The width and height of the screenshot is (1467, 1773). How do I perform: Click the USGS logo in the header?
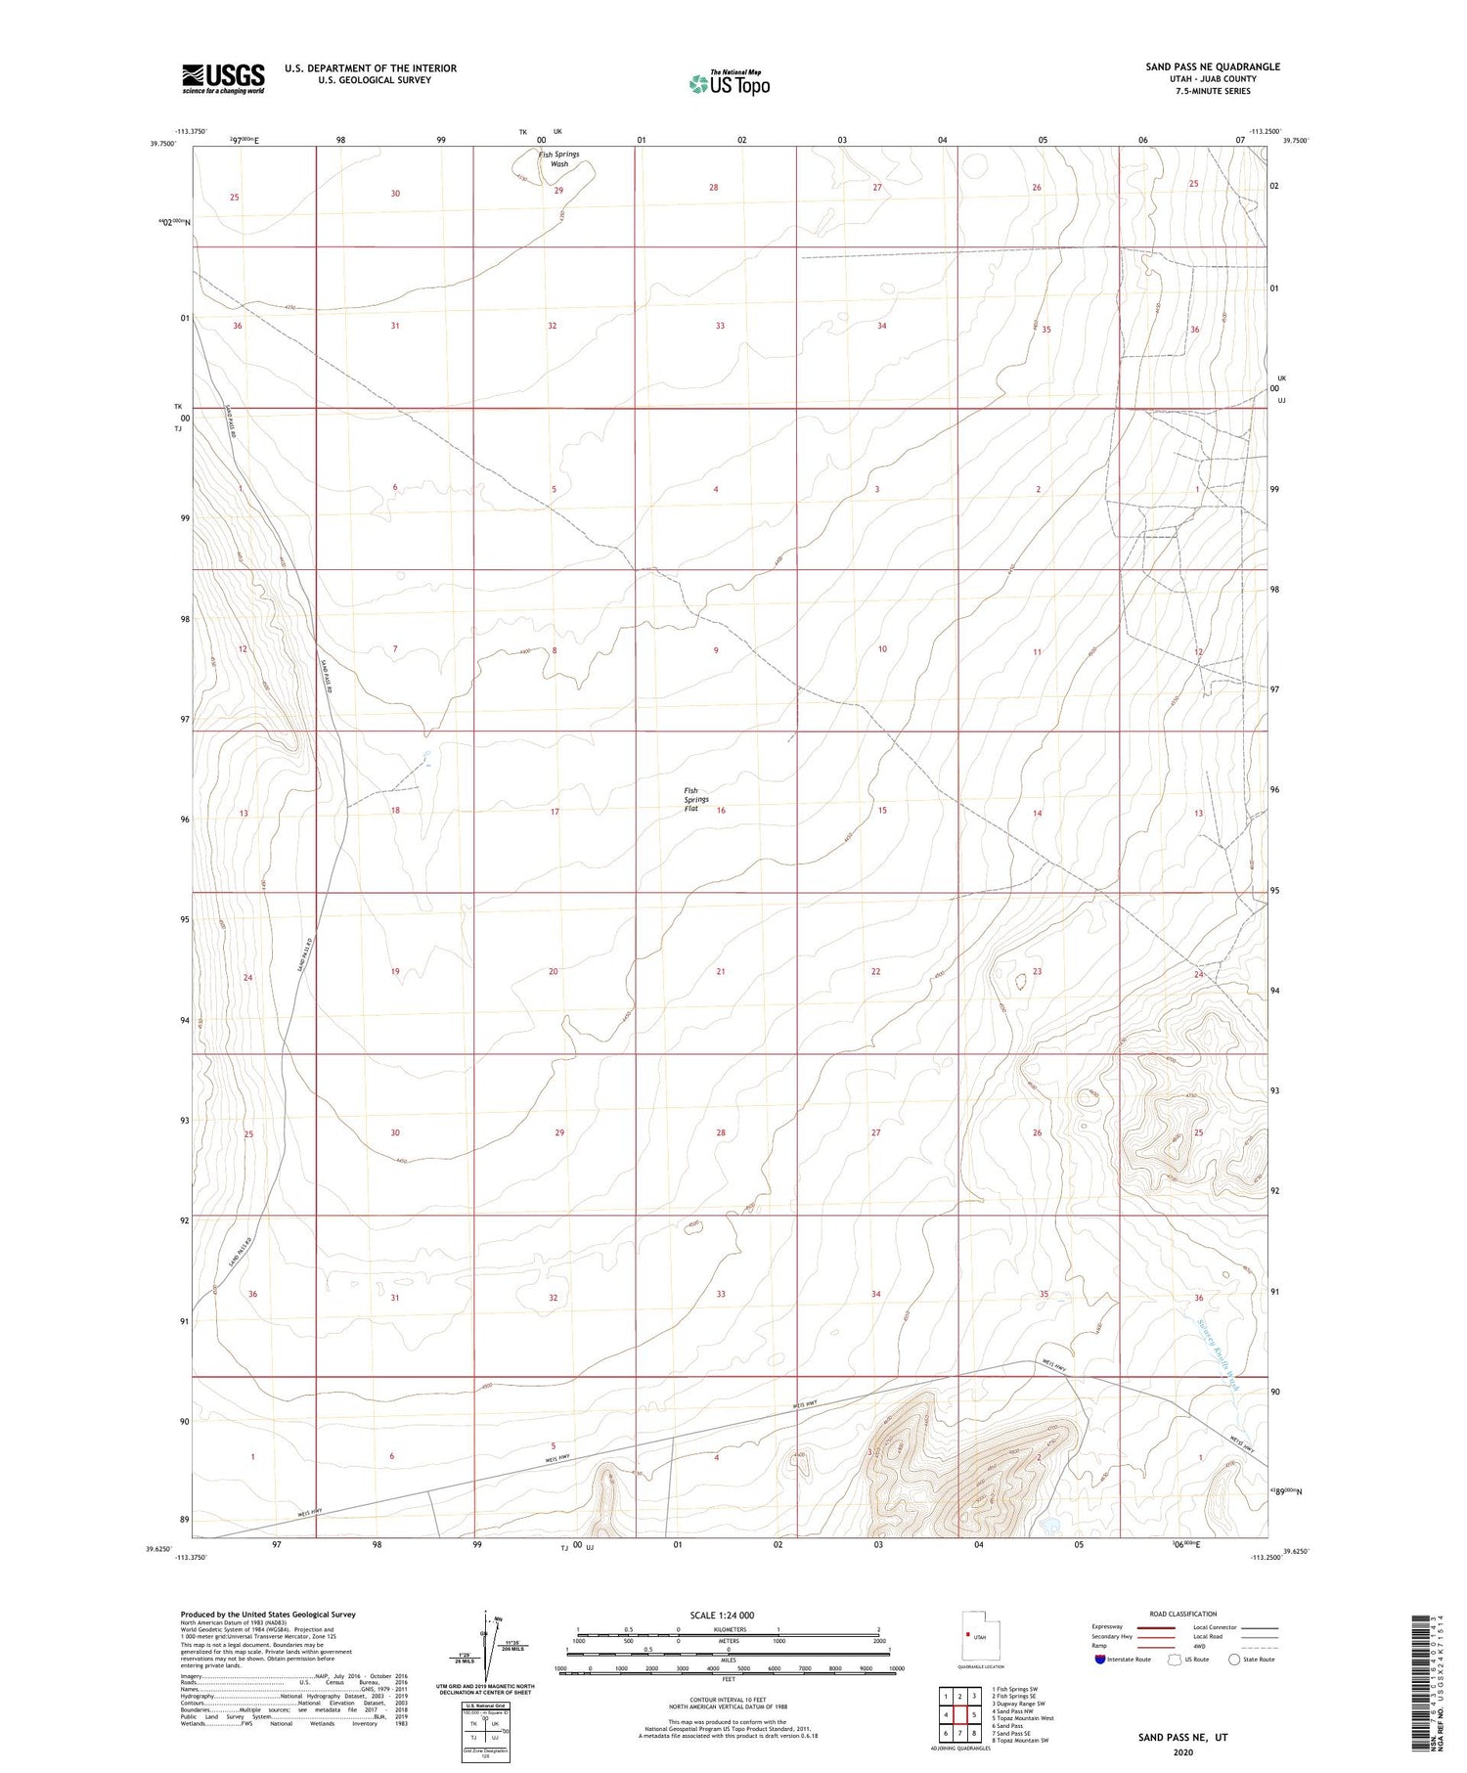click(223, 78)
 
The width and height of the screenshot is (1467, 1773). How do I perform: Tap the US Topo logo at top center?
click(729, 84)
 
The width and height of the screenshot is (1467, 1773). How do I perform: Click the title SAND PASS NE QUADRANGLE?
click(1212, 66)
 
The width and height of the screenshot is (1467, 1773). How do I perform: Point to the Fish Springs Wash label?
click(558, 159)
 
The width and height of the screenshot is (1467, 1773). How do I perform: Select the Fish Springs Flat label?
click(696, 799)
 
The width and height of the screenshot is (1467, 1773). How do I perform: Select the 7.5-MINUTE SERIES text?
click(1212, 91)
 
